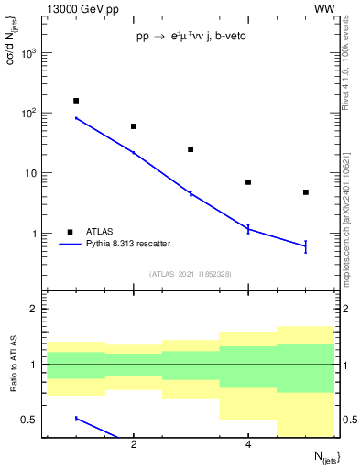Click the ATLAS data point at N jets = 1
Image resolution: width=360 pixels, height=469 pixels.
[x=76, y=101]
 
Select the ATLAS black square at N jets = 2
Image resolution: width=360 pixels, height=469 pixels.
[x=134, y=126]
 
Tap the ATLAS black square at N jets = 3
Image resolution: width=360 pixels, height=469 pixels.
[x=191, y=149]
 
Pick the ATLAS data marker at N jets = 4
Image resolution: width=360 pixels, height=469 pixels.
[x=248, y=182]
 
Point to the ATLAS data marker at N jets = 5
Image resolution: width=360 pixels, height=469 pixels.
[x=306, y=192]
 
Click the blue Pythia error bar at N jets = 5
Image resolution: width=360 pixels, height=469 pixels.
[x=306, y=245]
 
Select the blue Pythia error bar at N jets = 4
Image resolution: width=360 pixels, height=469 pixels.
[x=248, y=229]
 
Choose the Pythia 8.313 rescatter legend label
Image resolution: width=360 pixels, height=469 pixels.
[x=128, y=244]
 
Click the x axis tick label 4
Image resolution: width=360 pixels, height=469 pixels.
[x=248, y=445]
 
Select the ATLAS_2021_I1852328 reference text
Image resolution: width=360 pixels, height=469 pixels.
[x=191, y=274]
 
